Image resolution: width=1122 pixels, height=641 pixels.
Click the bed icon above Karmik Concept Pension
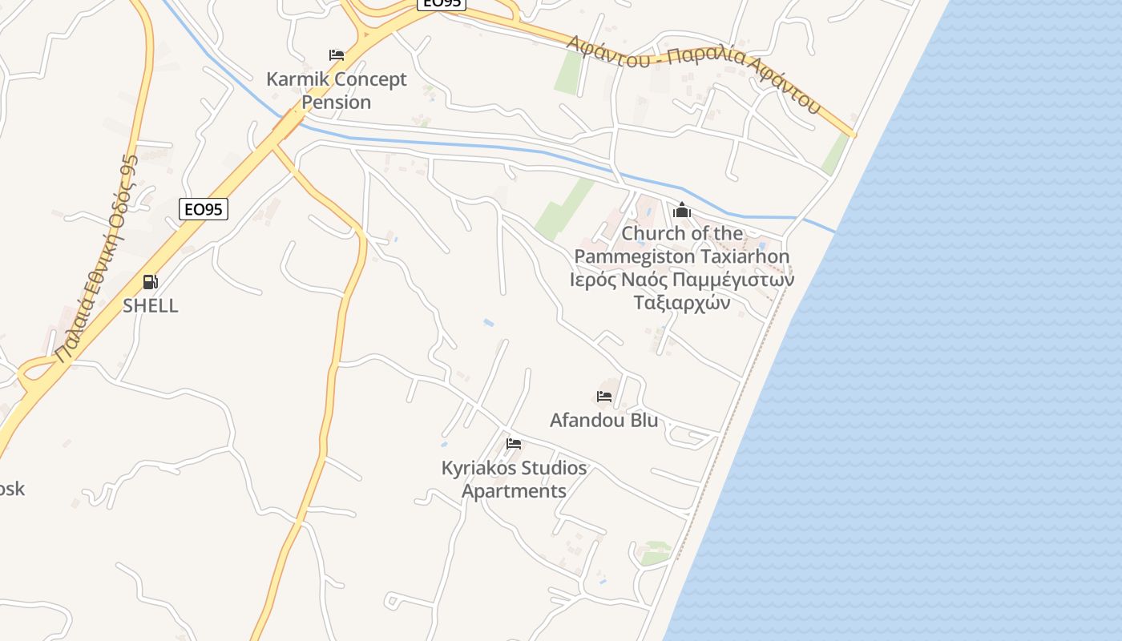coord(337,55)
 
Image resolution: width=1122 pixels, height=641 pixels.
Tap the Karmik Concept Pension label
coord(337,91)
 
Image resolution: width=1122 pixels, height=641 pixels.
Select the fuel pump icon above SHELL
coord(150,282)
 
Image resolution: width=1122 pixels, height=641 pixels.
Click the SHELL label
coord(151,305)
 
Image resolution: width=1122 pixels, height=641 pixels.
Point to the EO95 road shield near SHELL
coord(203,210)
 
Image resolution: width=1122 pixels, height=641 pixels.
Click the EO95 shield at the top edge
coord(441,3)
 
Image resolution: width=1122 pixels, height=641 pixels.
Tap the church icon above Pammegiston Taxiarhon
coord(682,211)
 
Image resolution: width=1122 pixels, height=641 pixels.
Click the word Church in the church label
coord(649,233)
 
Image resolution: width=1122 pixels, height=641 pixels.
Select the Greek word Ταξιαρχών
coord(682,303)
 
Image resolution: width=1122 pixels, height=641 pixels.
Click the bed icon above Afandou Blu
coord(604,397)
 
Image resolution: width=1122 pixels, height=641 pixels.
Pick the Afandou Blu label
coord(603,420)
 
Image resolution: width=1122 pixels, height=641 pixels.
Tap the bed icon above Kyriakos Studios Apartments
coord(514,444)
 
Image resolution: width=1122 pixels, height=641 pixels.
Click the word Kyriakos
coord(478,468)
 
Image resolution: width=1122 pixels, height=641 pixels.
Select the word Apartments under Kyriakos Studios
coord(515,491)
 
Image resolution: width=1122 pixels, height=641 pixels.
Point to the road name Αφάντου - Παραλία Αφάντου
coord(694,73)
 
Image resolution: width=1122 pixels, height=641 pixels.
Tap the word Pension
coord(337,103)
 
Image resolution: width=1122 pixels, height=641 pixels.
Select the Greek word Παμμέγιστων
coord(733,280)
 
